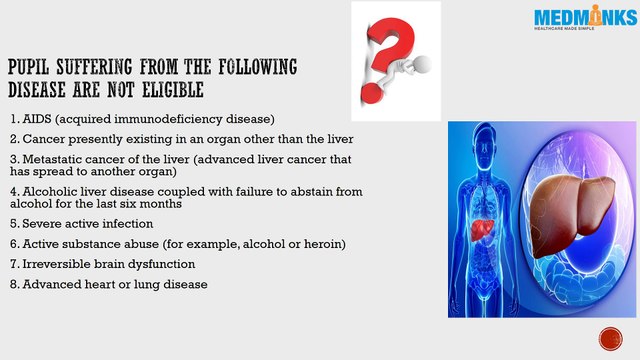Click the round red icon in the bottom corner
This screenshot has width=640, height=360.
[x=609, y=336]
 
